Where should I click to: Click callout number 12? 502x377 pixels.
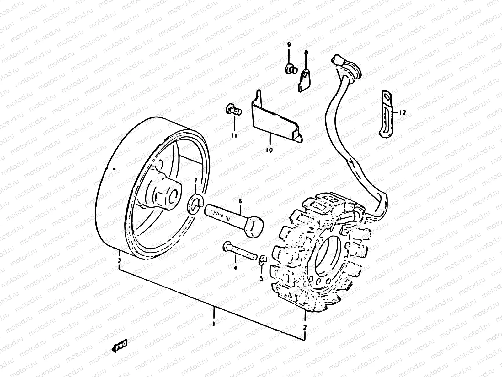403,112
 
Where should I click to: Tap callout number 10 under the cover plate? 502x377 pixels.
269,150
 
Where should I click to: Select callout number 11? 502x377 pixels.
234,135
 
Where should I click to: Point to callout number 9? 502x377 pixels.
289,45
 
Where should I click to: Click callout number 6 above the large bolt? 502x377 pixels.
240,201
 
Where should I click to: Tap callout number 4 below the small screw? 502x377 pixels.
235,268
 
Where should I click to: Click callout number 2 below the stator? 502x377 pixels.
304,328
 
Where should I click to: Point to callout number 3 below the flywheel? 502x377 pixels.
119,260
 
